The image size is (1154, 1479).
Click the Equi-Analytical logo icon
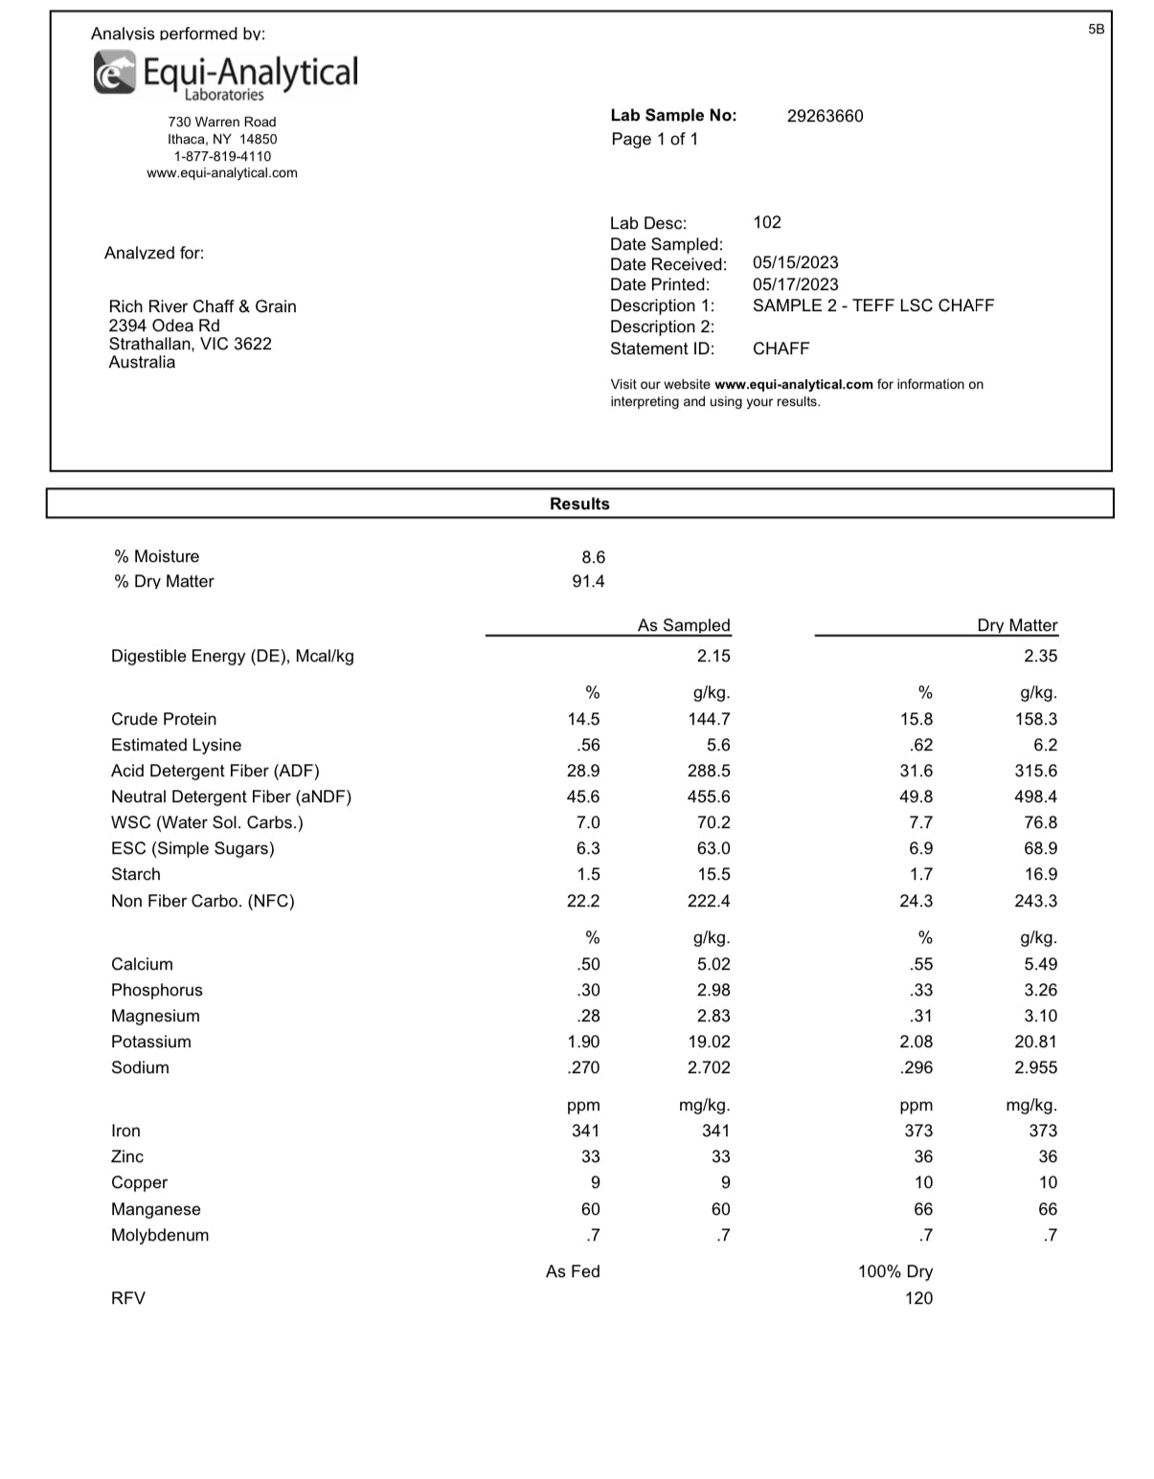(x=115, y=73)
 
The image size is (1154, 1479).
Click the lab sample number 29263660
(x=825, y=116)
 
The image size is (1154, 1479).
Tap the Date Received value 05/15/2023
(x=795, y=263)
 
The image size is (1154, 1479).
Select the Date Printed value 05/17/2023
(x=795, y=284)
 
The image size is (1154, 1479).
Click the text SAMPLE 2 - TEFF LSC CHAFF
(x=872, y=305)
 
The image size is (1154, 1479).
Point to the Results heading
(x=579, y=504)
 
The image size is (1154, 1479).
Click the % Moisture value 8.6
(x=593, y=557)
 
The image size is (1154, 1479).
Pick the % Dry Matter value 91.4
(x=588, y=581)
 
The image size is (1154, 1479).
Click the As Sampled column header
(x=683, y=625)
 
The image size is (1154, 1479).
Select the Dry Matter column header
(x=1016, y=625)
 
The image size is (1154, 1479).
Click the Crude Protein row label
(x=164, y=719)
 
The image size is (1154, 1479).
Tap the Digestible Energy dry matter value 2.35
(x=1040, y=656)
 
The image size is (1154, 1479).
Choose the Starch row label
(x=136, y=874)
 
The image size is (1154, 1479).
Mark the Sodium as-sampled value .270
(x=583, y=1067)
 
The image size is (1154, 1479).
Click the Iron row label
(x=125, y=1131)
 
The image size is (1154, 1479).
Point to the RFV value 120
(x=918, y=1298)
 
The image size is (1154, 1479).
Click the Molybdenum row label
(x=160, y=1235)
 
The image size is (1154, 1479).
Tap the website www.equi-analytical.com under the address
(x=222, y=173)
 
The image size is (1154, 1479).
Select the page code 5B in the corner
(x=1096, y=30)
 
